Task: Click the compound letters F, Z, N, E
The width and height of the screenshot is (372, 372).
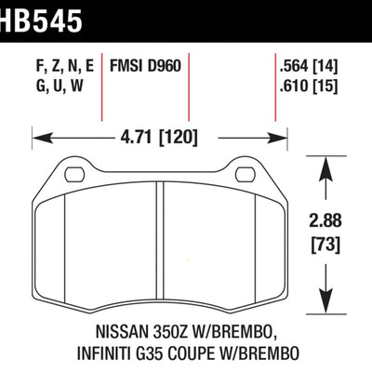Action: point(56,68)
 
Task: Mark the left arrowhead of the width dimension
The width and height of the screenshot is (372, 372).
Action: point(37,139)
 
